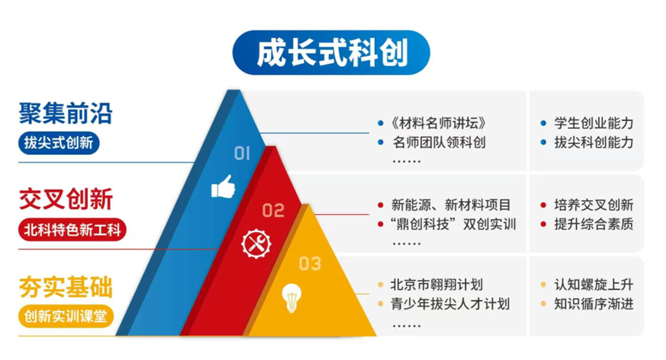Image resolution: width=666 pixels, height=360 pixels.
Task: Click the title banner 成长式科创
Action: tap(331, 53)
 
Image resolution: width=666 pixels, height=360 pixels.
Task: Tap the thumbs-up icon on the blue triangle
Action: tap(223, 187)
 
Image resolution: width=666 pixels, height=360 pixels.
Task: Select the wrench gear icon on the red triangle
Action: tap(256, 244)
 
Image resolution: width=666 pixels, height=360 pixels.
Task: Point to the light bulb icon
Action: tap(292, 298)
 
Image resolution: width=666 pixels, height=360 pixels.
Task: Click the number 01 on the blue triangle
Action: tap(242, 153)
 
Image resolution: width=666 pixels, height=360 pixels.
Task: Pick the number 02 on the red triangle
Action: tap(273, 210)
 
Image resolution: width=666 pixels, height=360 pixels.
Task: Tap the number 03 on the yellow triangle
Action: tap(310, 264)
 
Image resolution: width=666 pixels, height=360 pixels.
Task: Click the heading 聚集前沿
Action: tap(65, 114)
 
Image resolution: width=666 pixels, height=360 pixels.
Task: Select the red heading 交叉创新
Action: tap(66, 199)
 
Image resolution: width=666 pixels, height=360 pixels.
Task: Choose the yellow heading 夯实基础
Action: tap(66, 287)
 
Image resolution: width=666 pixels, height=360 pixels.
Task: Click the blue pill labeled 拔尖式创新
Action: tap(59, 143)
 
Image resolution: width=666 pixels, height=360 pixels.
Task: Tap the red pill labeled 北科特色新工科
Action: tap(73, 230)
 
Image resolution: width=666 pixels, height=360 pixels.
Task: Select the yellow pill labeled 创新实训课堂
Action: tap(66, 316)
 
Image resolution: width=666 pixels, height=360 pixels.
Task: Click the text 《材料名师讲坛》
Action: tap(438, 123)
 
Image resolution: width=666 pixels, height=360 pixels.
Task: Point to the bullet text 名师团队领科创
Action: tap(439, 142)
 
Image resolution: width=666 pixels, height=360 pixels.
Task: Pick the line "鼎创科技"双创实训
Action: tap(454, 224)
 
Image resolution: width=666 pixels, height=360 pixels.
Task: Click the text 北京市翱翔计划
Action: tap(437, 284)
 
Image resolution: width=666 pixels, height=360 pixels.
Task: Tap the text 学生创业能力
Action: tap(593, 123)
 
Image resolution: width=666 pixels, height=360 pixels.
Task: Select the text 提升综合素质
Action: tap(593, 224)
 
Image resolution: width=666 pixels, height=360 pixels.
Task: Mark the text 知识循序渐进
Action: tap(593, 304)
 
